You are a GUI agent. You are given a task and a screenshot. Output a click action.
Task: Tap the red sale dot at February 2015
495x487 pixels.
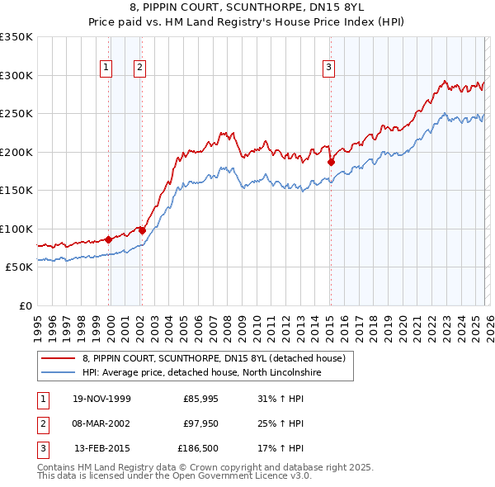coord(330,162)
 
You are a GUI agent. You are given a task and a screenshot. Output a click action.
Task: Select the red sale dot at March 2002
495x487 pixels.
coord(142,230)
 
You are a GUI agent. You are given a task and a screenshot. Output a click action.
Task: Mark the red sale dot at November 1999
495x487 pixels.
coord(109,239)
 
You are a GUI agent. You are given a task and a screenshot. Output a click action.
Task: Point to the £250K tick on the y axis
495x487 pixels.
coord(16,113)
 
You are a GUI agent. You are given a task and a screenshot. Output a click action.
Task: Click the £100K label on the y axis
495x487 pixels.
coord(16,229)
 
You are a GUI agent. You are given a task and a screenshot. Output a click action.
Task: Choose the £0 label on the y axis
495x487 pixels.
coord(25,305)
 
